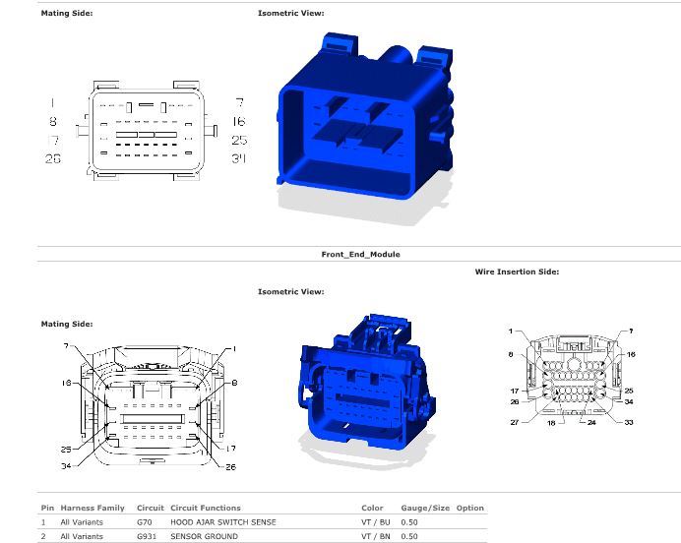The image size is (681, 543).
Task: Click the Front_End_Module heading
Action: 360,255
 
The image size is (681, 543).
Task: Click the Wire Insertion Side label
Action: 517,271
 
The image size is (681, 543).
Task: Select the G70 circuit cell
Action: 145,522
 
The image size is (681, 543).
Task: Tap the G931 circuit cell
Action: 147,536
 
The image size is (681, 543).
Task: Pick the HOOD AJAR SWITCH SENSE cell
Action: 223,522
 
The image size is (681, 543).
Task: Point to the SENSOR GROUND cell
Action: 204,536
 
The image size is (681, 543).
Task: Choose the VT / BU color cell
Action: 376,522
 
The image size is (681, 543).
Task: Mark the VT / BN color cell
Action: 376,536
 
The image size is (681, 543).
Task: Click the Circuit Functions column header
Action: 206,508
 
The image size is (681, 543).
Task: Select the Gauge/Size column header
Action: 425,508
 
